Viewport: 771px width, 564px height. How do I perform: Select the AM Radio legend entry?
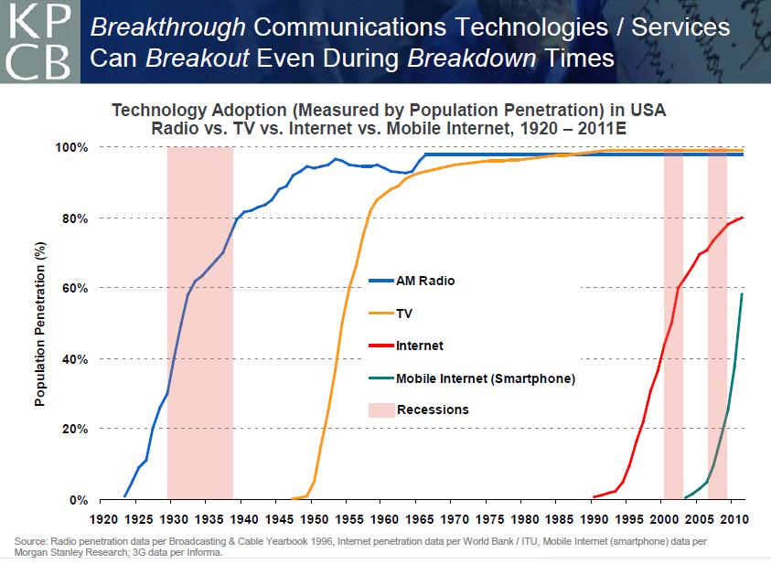[424, 281]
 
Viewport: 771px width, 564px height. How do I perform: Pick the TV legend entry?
[404, 313]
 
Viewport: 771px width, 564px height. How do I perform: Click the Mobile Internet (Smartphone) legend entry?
[486, 378]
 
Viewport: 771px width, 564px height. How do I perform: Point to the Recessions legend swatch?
[379, 410]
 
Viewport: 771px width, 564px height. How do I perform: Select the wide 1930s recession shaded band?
[199, 320]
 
